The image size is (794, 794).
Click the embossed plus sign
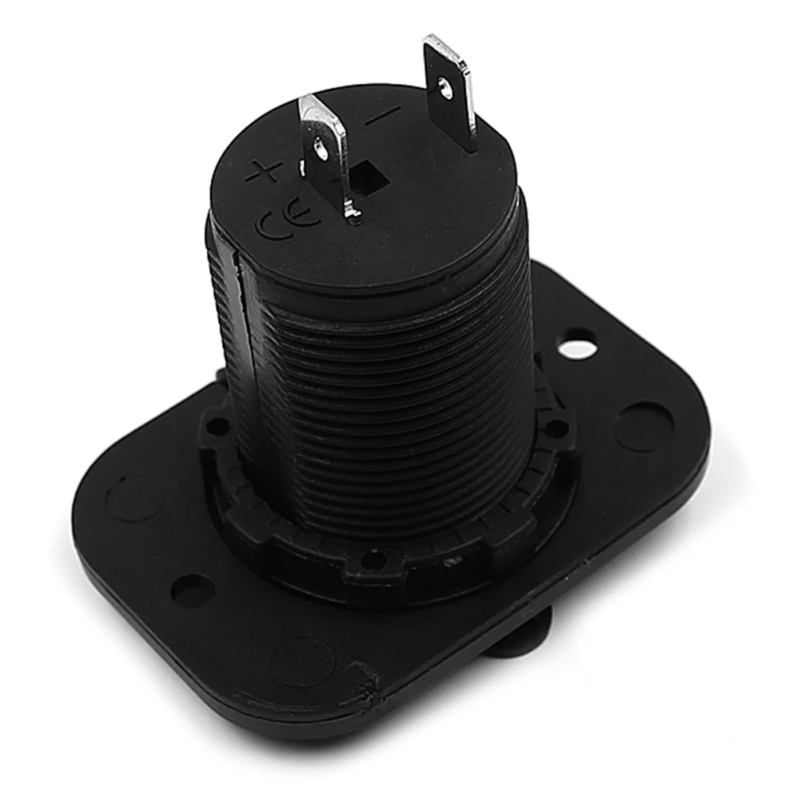click(265, 171)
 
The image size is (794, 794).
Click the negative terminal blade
click(451, 91)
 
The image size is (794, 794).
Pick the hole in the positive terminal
click(320, 150)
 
